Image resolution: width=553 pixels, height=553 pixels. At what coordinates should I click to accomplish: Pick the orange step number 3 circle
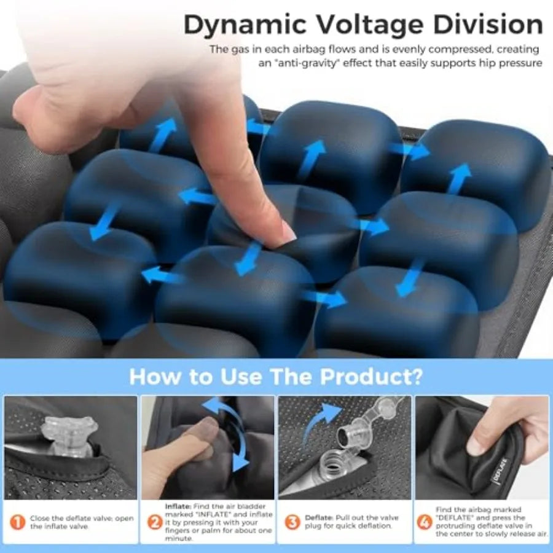point(292,522)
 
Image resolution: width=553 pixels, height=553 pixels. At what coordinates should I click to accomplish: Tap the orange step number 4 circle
point(424,522)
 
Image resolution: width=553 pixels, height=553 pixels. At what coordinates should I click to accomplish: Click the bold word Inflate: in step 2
point(178,506)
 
